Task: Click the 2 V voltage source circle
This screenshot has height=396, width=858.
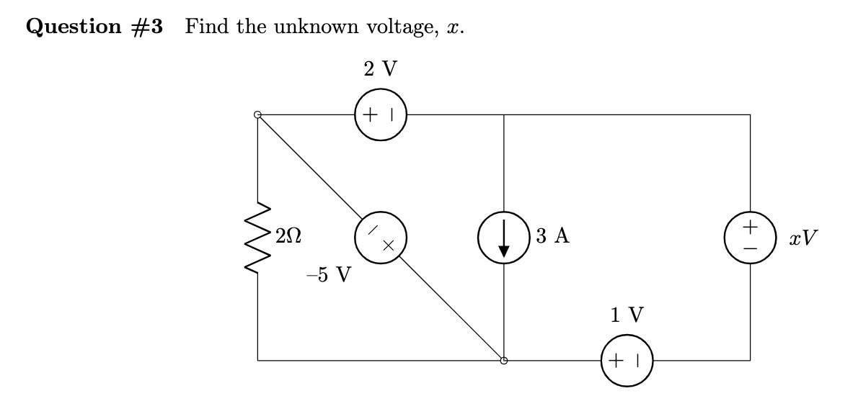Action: tap(381, 114)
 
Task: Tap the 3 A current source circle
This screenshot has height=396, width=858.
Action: tap(504, 237)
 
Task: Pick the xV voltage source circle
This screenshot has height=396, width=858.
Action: tap(750, 237)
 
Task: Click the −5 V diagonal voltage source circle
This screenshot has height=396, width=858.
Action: tap(381, 237)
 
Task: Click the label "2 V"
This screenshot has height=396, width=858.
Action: tap(381, 69)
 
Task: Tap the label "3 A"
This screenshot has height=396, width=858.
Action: tap(553, 236)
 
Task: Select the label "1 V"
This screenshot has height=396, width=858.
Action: tap(627, 315)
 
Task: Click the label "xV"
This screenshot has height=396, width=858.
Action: tap(803, 237)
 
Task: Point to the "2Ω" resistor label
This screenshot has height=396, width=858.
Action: tap(288, 236)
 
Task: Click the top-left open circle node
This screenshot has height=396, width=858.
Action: tap(257, 114)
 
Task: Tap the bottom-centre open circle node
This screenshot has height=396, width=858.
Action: tap(504, 360)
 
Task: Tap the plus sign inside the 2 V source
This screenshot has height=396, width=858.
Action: tap(371, 114)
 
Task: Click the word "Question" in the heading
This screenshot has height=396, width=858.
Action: tap(75, 27)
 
